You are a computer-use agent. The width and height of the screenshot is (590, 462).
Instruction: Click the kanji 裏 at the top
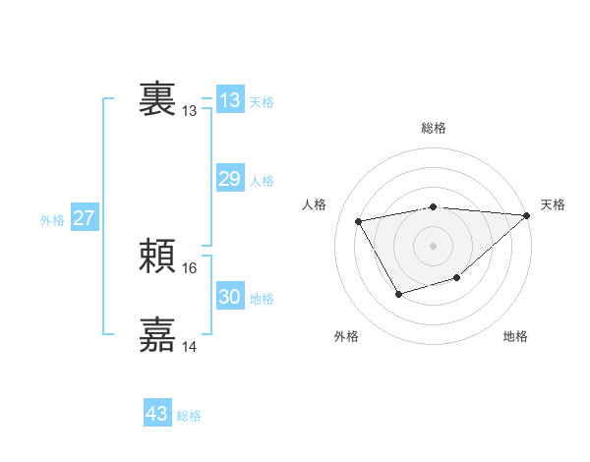157,98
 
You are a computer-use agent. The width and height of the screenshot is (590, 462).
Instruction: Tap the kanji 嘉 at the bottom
157,335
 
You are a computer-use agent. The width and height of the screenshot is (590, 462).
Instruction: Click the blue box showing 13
230,100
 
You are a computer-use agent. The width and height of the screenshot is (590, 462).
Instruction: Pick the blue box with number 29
230,179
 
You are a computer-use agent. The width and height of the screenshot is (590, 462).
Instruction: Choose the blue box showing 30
230,297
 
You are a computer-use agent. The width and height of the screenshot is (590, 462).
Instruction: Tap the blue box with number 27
85,218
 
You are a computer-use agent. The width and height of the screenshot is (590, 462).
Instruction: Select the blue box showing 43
157,414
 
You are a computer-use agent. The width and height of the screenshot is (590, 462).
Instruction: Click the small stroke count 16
190,267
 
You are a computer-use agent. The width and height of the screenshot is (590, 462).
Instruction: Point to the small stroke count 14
190,346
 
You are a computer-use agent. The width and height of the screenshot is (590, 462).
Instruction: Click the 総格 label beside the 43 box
190,416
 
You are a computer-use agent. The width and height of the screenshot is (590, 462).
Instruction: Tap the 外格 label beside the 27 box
52,220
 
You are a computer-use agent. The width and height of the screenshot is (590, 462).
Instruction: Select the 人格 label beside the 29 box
262,181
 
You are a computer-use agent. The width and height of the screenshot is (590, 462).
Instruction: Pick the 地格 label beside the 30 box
262,299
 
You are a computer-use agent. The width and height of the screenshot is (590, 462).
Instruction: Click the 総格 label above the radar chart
434,128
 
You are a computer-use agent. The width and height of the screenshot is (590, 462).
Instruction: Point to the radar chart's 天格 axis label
553,204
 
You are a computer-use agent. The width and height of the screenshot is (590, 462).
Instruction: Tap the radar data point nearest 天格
528,216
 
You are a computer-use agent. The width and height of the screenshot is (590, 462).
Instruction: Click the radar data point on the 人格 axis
359,221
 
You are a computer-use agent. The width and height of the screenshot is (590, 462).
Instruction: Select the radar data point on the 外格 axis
398,293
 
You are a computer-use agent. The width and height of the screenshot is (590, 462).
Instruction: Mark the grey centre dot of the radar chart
434,245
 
